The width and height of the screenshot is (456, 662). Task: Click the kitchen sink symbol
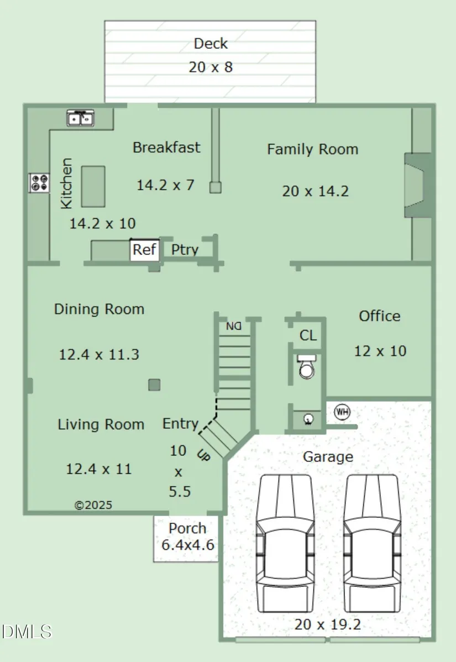coord(81,118)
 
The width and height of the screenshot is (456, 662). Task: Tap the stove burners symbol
coord(39,183)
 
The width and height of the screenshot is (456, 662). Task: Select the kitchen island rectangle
coord(93,186)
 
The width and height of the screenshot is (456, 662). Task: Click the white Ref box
coord(145,250)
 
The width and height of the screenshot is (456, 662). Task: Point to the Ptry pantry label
coord(185,250)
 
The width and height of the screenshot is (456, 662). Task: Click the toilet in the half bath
coord(307,366)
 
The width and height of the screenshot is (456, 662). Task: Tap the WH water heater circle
coord(342,412)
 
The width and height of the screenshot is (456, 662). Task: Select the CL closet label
coord(308,335)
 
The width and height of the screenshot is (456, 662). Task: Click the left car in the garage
coord(285,543)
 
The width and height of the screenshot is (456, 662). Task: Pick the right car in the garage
coord(371,543)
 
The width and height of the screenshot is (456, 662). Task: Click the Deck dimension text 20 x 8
coord(211,67)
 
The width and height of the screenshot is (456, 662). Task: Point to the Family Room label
coord(312,149)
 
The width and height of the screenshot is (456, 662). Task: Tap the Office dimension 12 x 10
coord(380,351)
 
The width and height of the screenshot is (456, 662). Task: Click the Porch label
coord(187,528)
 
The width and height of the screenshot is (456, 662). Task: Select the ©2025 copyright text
coord(93,505)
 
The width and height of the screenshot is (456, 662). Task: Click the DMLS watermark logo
coord(26,632)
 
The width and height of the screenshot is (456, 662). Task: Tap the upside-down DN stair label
coord(233,327)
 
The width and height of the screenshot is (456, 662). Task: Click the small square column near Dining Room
coord(154,385)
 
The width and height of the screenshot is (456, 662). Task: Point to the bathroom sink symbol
coord(308,419)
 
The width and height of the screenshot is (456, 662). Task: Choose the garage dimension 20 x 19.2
coord(328,624)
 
